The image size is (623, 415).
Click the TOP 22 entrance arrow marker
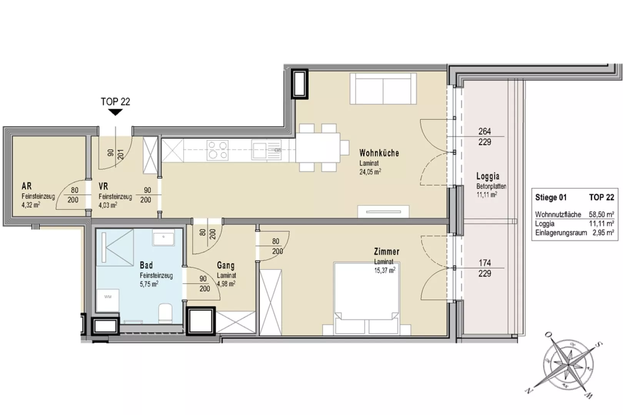[x=115, y=112]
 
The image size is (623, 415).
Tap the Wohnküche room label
[x=379, y=153]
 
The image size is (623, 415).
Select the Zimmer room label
[x=386, y=252]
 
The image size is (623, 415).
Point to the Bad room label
[x=146, y=265]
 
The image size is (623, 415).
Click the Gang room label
[x=226, y=266]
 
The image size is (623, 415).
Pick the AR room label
[x=27, y=186]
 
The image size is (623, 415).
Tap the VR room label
[x=103, y=186]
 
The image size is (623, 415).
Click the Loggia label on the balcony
[x=488, y=176]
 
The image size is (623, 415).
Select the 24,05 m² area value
[x=370, y=172]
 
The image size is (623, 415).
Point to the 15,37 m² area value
[x=385, y=270]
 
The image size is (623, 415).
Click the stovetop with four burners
[x=218, y=150]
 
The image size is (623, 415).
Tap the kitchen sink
[x=267, y=150]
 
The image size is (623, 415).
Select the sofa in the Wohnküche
[x=383, y=89]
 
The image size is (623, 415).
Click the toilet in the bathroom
[x=165, y=313]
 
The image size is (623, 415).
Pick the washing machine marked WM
[x=108, y=300]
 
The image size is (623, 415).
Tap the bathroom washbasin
[x=163, y=237]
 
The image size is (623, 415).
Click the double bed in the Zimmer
[x=366, y=299]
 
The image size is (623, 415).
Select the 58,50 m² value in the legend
[x=601, y=214]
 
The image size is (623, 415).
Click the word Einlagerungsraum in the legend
[x=561, y=233]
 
